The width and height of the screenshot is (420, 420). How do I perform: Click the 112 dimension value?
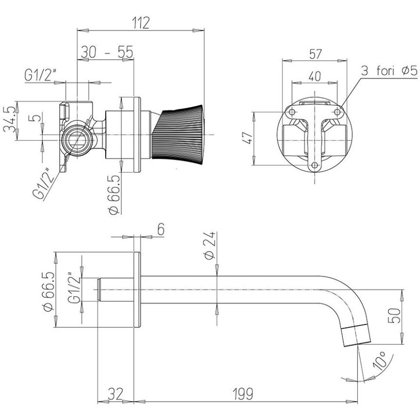pyautogui.click(x=141, y=23)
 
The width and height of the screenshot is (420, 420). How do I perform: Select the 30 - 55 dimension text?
pyautogui.click(x=107, y=52)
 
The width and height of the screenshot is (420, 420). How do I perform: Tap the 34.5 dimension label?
pyautogui.click(x=9, y=119)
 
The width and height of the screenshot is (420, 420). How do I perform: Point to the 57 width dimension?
pyautogui.click(x=315, y=54)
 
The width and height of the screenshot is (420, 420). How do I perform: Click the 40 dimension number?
pyautogui.click(x=315, y=76)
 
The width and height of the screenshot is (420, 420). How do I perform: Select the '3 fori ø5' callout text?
pyautogui.click(x=389, y=71)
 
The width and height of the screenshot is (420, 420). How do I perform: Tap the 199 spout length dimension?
pyautogui.click(x=242, y=394)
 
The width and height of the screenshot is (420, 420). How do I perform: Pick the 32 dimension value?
pyautogui.click(x=116, y=394)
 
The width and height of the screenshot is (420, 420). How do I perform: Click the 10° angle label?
pyautogui.click(x=380, y=360)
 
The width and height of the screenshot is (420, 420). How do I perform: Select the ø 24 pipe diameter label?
pyautogui.click(x=210, y=245)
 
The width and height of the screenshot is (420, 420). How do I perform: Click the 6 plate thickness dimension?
pyautogui.click(x=161, y=229)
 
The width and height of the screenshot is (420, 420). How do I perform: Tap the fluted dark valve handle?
pyautogui.click(x=178, y=134)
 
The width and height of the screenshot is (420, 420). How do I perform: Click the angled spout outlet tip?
pyautogui.click(x=356, y=336)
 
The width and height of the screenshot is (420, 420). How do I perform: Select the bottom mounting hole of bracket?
pyautogui.click(x=315, y=166)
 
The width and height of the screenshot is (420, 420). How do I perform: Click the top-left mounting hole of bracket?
pyautogui.click(x=292, y=112)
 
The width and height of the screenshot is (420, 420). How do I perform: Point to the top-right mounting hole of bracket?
pyautogui.click(x=337, y=112)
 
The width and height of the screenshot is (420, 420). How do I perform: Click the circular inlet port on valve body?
pyautogui.click(x=77, y=140)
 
